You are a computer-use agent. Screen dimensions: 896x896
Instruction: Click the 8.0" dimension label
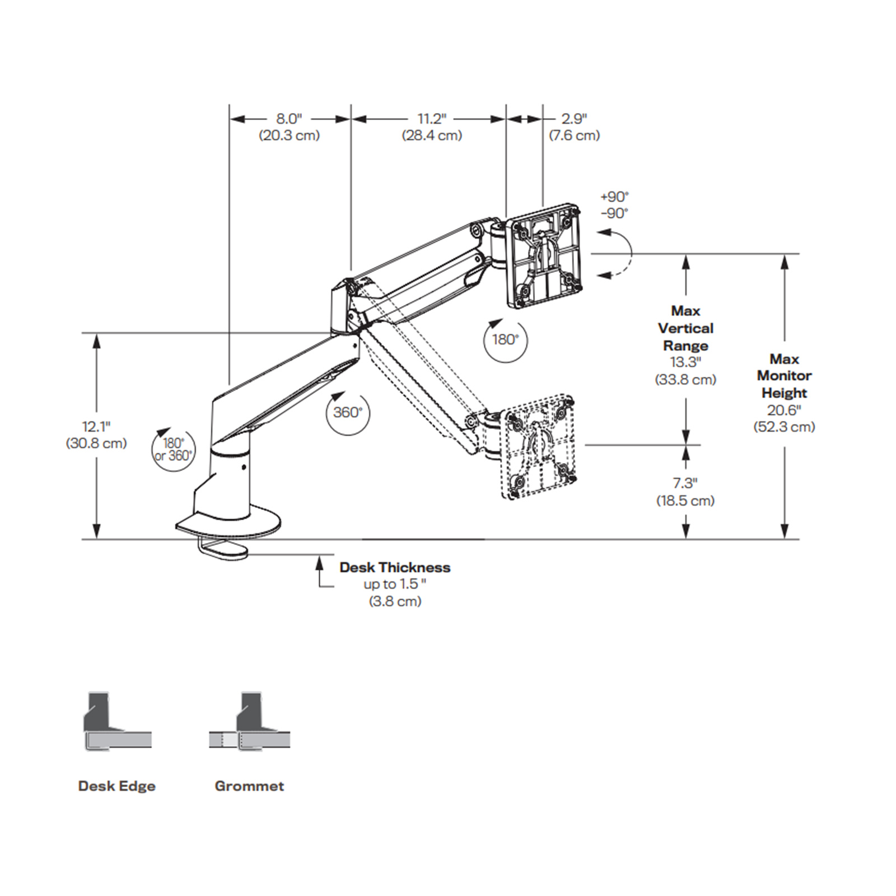coord(288,119)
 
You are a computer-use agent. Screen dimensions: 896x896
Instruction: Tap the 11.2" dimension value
coord(432,119)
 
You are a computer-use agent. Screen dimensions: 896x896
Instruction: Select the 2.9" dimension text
coord(574,119)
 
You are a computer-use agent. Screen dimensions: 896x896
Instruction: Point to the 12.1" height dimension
coord(96,427)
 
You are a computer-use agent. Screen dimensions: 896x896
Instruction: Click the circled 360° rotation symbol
coord(347,413)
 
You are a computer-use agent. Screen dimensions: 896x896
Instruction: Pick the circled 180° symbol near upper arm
coord(505,340)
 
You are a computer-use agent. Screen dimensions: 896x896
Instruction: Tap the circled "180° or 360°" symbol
coord(174,450)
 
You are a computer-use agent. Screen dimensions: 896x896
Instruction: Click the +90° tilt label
coord(614,197)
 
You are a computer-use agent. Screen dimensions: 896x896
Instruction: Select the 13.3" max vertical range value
coord(685,362)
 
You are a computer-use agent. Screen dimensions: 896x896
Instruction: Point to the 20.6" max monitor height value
coord(784,410)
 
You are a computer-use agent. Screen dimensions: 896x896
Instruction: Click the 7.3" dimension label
coord(685,483)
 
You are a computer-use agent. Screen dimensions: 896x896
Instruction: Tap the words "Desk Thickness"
coord(395,567)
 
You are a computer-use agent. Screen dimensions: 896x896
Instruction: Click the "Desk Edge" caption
coord(116,786)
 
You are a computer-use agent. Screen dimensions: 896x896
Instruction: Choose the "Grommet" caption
coord(249,786)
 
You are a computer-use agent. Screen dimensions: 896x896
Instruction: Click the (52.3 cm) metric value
coord(784,427)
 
